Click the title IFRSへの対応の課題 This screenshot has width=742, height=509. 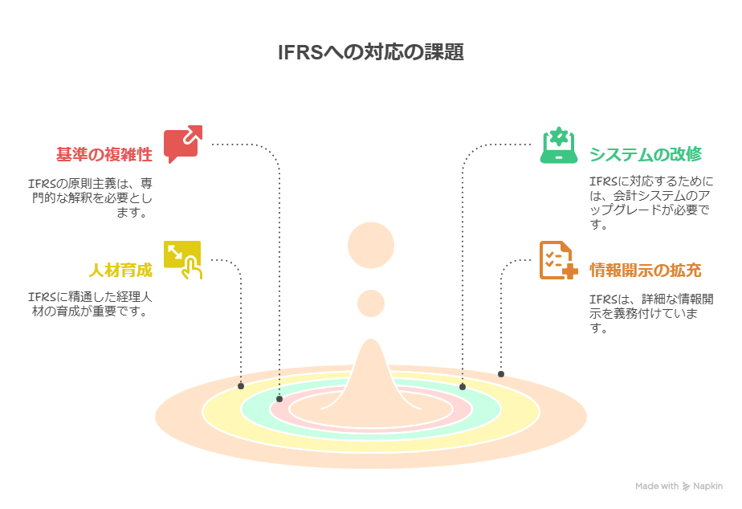coord(370,53)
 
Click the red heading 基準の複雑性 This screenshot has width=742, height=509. coord(104,154)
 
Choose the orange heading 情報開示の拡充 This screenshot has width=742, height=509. coord(645,271)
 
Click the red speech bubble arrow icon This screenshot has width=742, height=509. coord(182,145)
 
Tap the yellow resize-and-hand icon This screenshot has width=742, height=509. coord(182,259)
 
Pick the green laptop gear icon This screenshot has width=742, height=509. coord(559,145)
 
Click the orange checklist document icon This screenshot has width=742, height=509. coord(558,260)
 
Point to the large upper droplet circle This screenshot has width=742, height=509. coord(371,245)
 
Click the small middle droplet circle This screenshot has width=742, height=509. coord(371,303)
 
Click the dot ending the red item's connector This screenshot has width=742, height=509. coord(279,398)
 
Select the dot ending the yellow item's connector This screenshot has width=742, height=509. coord(241,386)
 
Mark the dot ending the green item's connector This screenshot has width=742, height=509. coord(463,386)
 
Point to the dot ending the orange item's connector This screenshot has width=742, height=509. coord(501,374)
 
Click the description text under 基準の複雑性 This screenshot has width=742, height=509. coord(90,197)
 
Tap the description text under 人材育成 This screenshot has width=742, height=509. coord(90,304)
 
